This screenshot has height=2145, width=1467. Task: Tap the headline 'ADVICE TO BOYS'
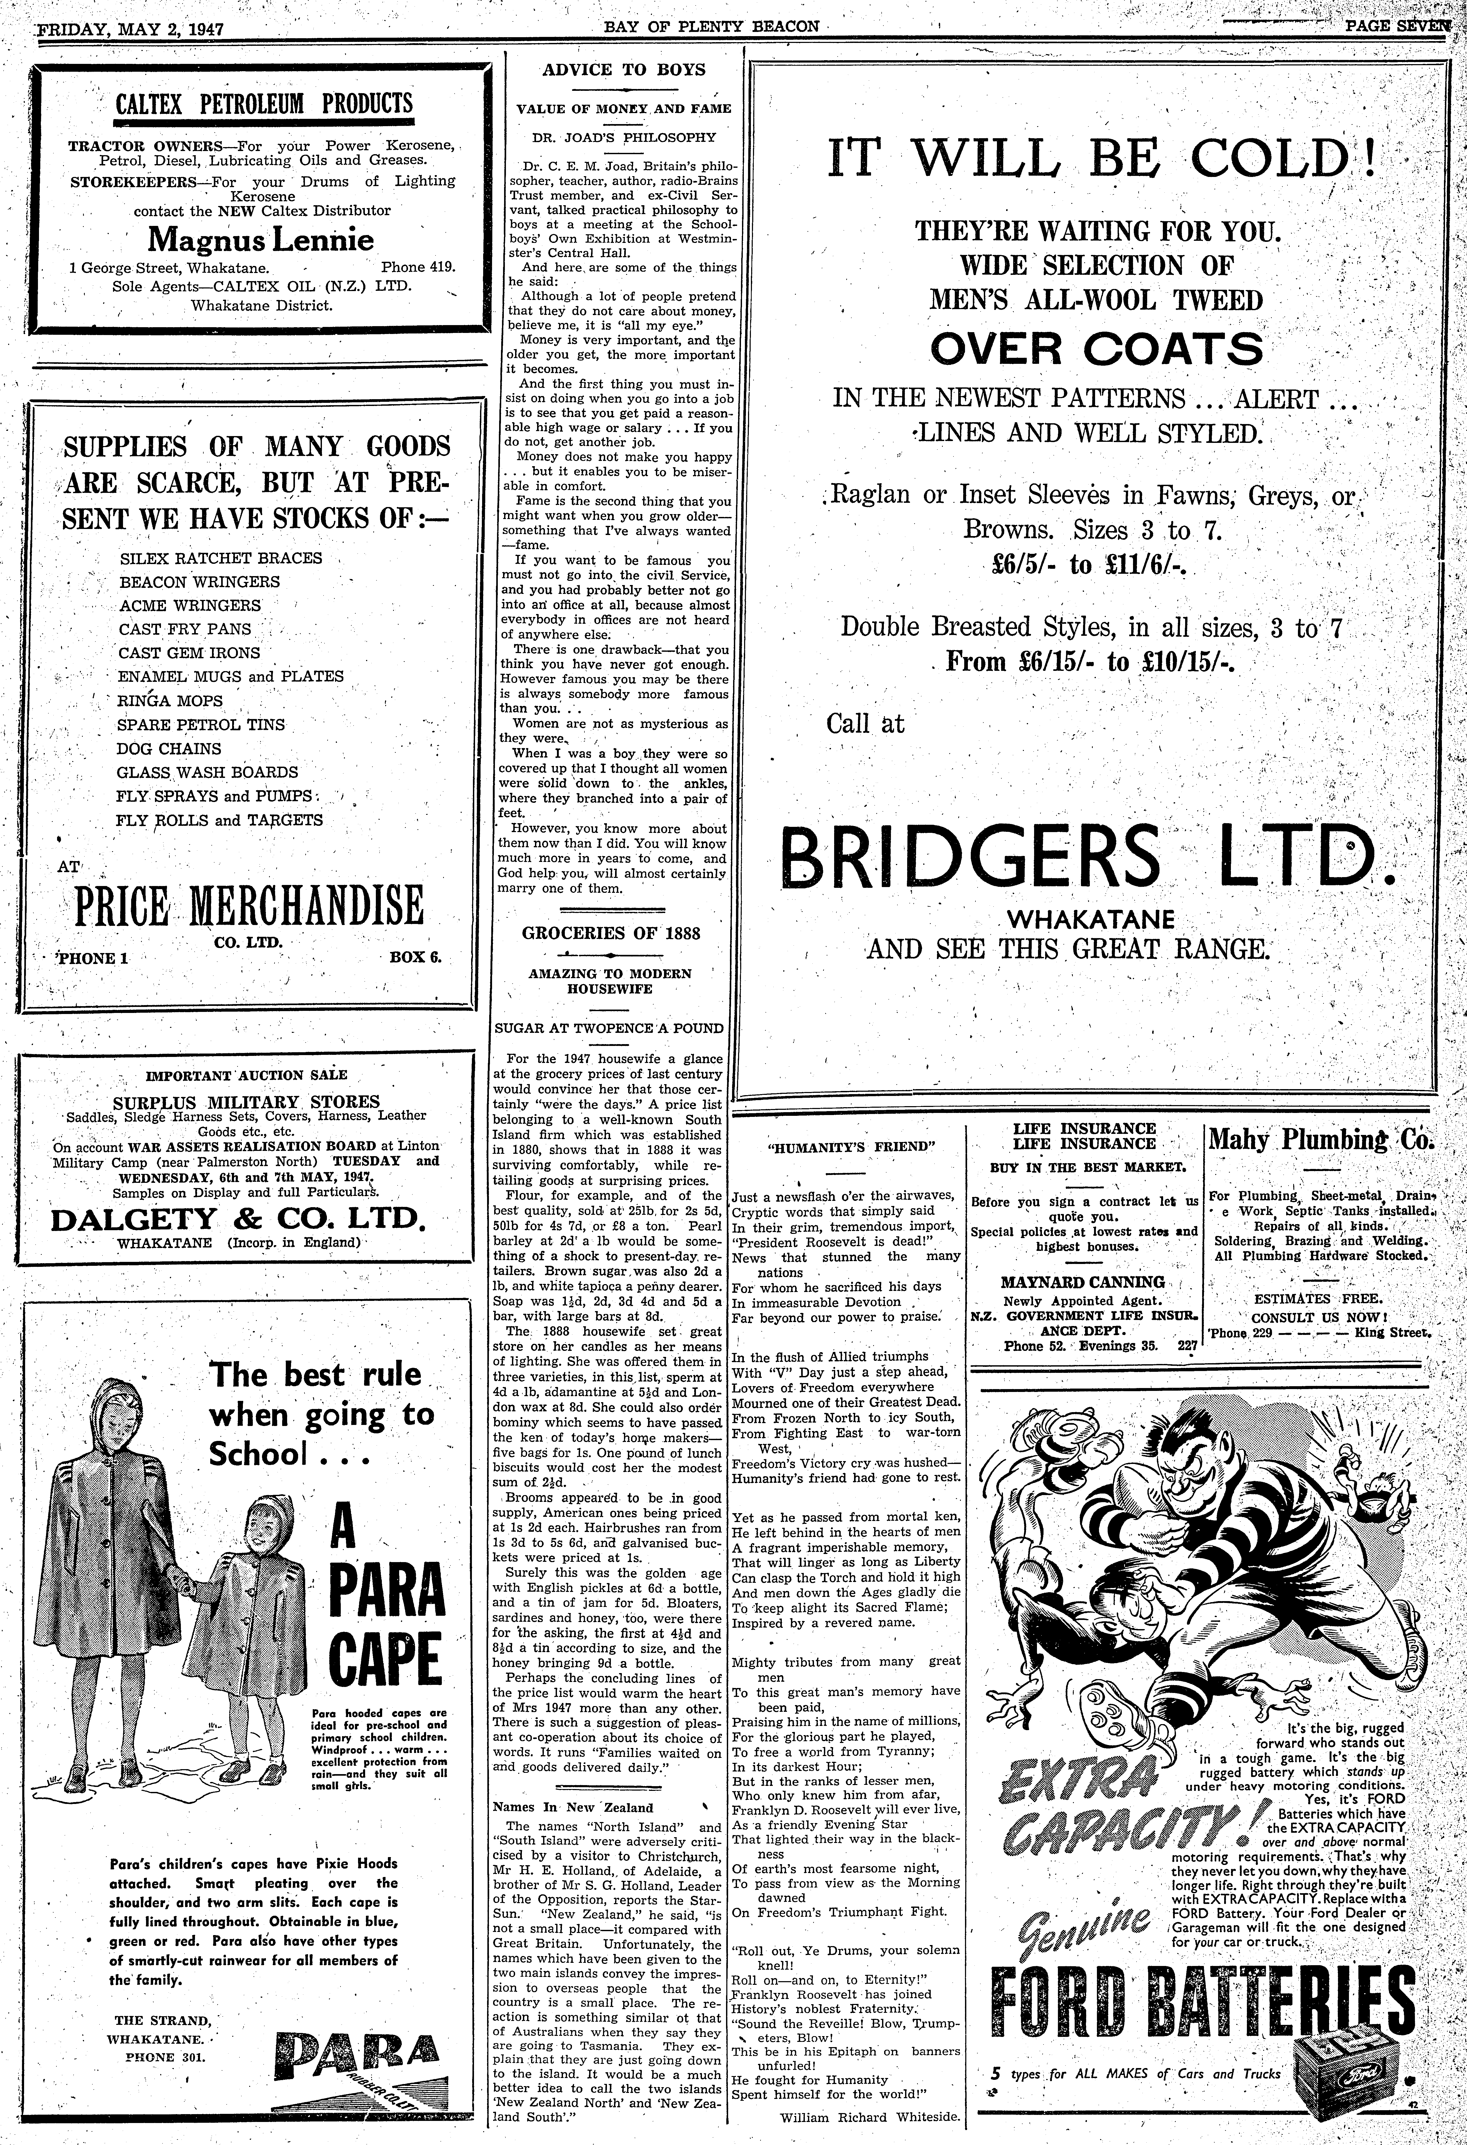[624, 69]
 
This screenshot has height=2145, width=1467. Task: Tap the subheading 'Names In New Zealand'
[573, 1808]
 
